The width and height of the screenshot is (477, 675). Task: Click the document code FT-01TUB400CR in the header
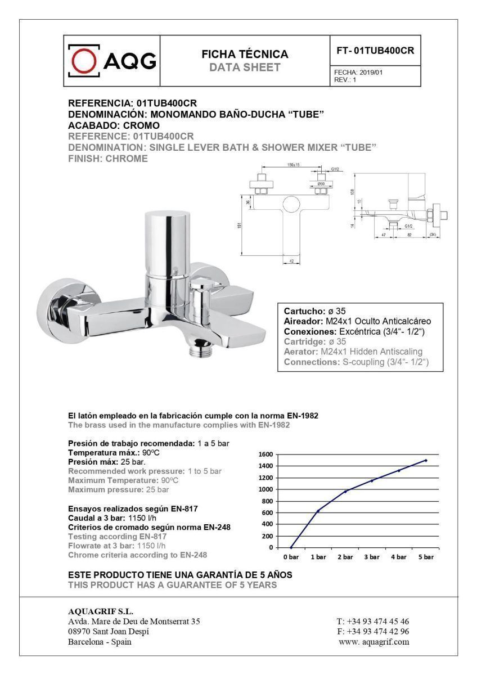(375, 50)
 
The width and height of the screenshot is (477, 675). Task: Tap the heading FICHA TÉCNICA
(245, 55)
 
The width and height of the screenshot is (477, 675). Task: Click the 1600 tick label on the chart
(265, 454)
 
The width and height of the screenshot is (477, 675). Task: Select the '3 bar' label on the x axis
(372, 557)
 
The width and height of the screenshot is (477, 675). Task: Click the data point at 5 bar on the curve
(426, 460)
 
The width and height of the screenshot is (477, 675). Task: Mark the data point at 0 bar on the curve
(291, 547)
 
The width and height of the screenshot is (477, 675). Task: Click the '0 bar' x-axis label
(291, 557)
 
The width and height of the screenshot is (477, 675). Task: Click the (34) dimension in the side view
(433, 233)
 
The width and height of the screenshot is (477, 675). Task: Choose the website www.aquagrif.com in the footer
(374, 642)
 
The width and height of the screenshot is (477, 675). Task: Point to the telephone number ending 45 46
(373, 622)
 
